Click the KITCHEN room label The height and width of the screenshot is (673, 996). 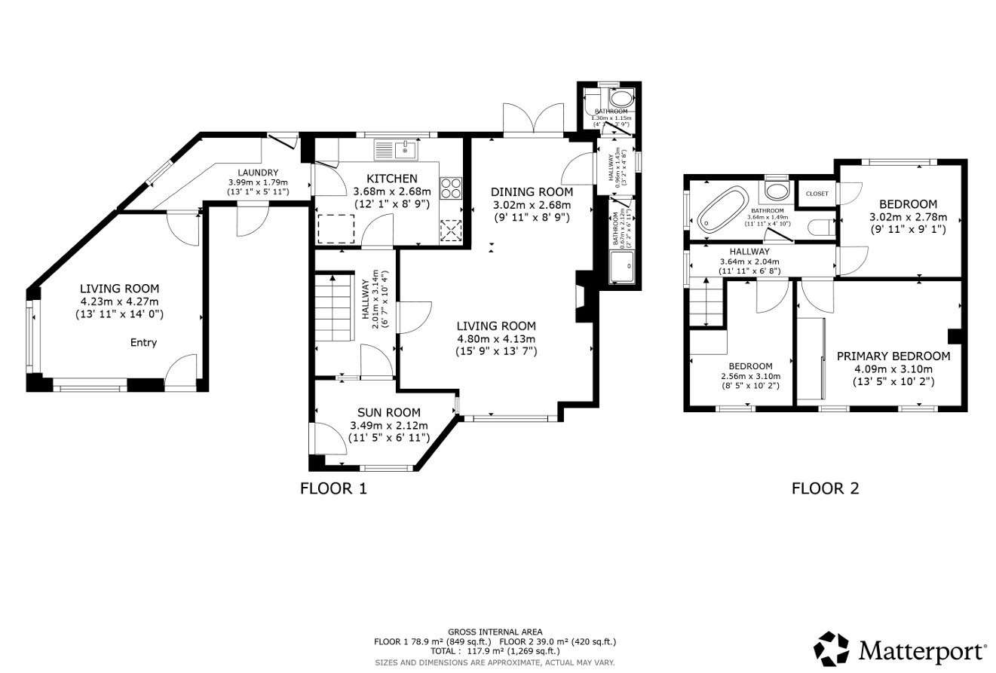391,179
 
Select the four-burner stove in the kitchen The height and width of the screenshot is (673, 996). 451,188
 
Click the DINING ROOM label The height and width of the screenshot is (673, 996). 532,191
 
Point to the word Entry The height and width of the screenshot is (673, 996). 143,342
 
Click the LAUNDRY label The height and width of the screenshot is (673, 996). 258,173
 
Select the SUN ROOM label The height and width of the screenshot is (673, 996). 388,411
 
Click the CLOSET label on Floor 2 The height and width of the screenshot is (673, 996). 817,194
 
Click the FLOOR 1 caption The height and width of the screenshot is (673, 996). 333,488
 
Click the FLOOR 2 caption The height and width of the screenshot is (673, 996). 825,488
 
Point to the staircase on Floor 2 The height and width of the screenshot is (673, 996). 706,301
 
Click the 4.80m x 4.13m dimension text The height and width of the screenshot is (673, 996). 496,339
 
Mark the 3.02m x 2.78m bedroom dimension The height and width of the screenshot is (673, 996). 908,217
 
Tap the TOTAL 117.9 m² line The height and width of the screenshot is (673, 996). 495,651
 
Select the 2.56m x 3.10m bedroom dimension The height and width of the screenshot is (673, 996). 750,376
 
